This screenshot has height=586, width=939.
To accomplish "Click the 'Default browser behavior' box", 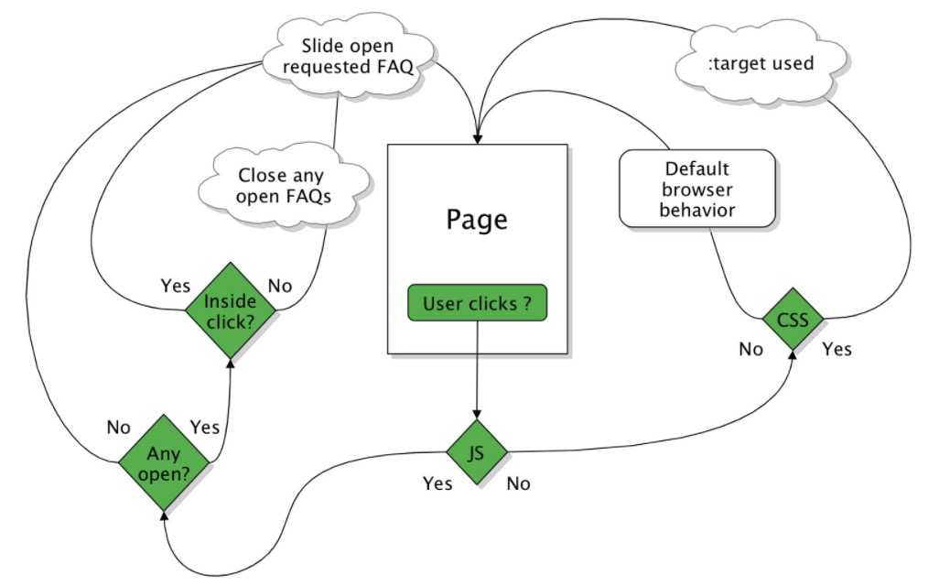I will click(x=697, y=190).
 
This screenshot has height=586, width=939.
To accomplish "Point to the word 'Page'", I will click(x=477, y=220).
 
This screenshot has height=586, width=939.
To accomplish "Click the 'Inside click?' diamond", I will click(x=230, y=310).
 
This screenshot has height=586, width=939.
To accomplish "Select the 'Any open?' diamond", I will click(x=165, y=463).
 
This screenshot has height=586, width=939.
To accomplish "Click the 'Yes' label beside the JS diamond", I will click(x=437, y=483).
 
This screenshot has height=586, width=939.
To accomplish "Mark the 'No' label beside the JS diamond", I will click(x=518, y=483).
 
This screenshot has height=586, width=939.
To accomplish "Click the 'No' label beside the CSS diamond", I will click(x=750, y=349).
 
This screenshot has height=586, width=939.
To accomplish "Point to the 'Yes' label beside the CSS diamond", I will click(x=836, y=349).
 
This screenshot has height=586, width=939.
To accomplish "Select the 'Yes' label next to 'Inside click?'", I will click(x=175, y=286).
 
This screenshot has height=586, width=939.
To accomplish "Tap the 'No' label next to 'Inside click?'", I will click(x=280, y=286).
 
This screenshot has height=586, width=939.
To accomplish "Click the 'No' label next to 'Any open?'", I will click(x=119, y=427).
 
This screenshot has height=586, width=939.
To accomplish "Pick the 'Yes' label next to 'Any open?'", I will click(x=204, y=427).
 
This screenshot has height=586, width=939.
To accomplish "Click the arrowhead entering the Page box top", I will click(x=477, y=138).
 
